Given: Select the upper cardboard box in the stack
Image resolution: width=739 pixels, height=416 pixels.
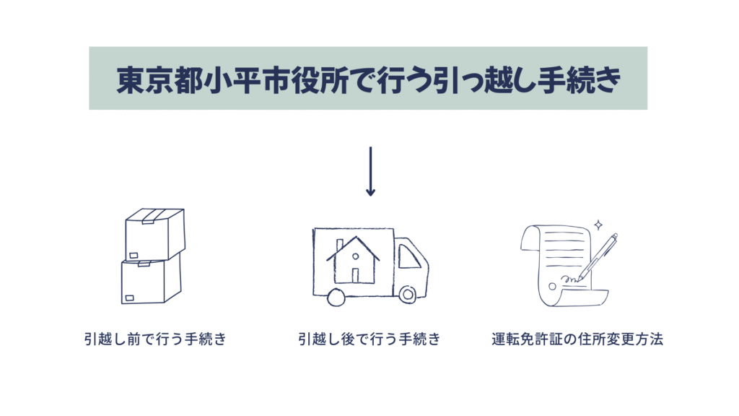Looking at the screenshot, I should tap(154, 233).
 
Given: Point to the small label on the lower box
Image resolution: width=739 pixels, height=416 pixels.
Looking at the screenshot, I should tap(130, 297).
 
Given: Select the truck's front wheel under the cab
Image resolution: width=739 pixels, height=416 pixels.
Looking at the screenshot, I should tap(407, 295).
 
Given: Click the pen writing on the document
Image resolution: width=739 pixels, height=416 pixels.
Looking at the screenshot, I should tap(598, 256).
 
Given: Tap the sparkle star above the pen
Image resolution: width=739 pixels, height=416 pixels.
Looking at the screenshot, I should tap(598, 225).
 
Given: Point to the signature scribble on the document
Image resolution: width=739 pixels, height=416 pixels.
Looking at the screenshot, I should tap(568, 279).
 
